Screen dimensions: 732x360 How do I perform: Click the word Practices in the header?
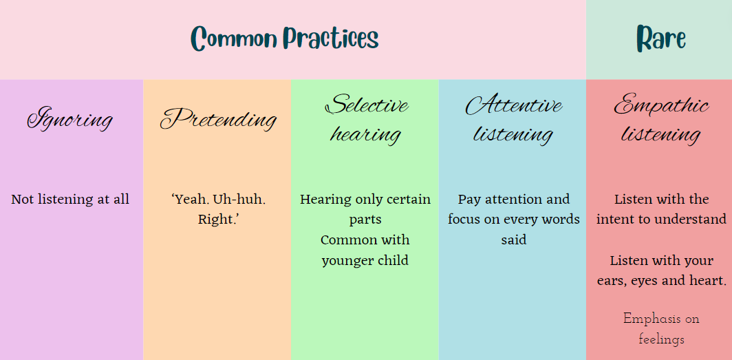(332, 39)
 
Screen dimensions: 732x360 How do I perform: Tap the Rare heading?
(661, 39)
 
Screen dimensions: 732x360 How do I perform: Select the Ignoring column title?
(70, 119)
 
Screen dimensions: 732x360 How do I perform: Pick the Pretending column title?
(219, 119)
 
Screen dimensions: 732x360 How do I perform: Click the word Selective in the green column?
(367, 105)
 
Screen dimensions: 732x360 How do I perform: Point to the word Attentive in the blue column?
(513, 105)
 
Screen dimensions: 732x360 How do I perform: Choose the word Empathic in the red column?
(662, 106)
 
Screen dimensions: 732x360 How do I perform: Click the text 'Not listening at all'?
(70, 200)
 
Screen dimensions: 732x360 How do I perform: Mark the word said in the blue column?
(513, 240)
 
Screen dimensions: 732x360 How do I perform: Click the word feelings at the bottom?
(661, 339)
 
